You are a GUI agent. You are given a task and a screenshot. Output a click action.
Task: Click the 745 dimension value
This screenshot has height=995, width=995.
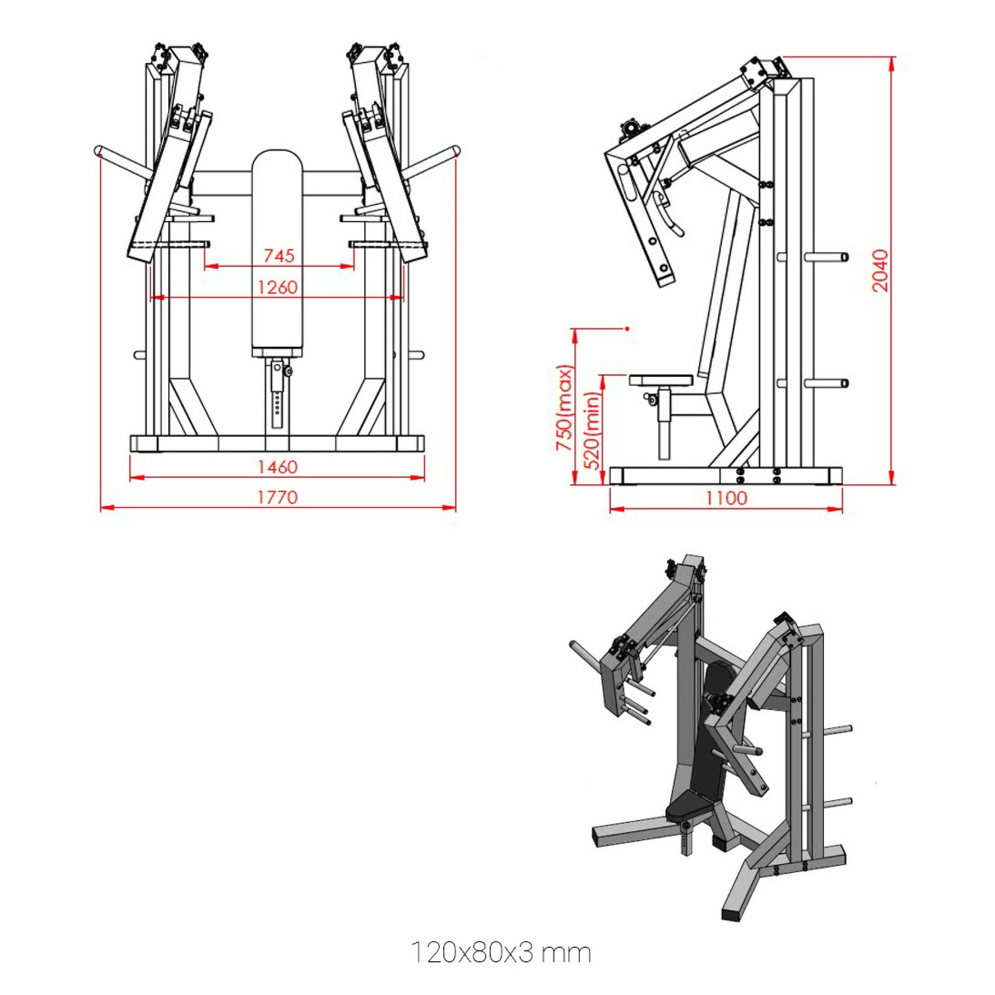279,256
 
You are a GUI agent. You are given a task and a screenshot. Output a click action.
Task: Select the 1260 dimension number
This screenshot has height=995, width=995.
277,287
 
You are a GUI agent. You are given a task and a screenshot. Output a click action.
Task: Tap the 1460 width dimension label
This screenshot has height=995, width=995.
277,466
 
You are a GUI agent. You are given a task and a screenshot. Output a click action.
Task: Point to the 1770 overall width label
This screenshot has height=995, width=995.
277,497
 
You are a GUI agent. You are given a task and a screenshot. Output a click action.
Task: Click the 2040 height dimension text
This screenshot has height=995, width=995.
880,271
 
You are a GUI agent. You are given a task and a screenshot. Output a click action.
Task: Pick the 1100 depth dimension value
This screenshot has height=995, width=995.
726,497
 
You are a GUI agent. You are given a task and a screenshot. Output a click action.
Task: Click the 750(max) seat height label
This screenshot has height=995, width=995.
564,408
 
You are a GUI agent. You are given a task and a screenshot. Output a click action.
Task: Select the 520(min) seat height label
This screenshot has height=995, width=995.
593,430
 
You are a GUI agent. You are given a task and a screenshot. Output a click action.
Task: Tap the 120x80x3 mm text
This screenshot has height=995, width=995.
501,953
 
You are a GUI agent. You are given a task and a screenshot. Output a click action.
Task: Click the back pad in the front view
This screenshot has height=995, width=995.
277,249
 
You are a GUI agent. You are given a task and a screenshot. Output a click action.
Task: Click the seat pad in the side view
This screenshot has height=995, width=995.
660,379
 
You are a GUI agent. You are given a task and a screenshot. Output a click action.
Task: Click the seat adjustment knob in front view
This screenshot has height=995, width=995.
287,371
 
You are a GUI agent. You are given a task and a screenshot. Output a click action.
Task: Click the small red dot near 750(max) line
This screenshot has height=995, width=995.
627,328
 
